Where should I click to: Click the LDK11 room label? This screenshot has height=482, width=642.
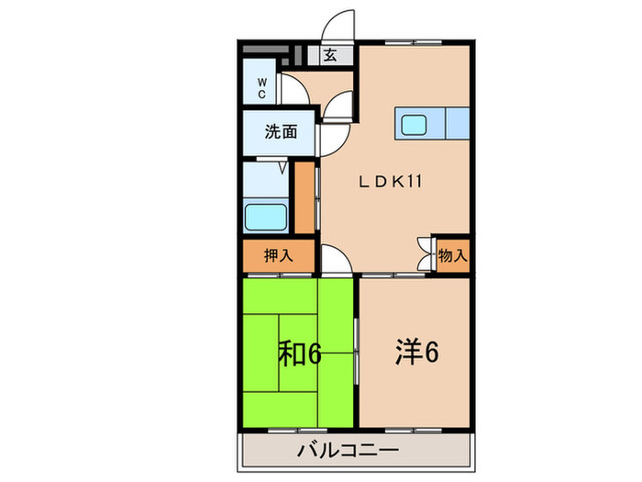(x=390, y=182)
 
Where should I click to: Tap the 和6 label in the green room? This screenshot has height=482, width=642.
(x=299, y=353)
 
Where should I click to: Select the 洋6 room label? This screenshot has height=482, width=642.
(x=415, y=351)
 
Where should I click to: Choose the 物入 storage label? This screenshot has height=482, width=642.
(x=452, y=254)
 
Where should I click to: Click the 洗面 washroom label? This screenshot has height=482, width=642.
(x=281, y=131)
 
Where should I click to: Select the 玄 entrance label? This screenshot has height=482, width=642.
(x=329, y=55)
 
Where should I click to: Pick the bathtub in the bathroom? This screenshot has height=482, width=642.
(x=267, y=217)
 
